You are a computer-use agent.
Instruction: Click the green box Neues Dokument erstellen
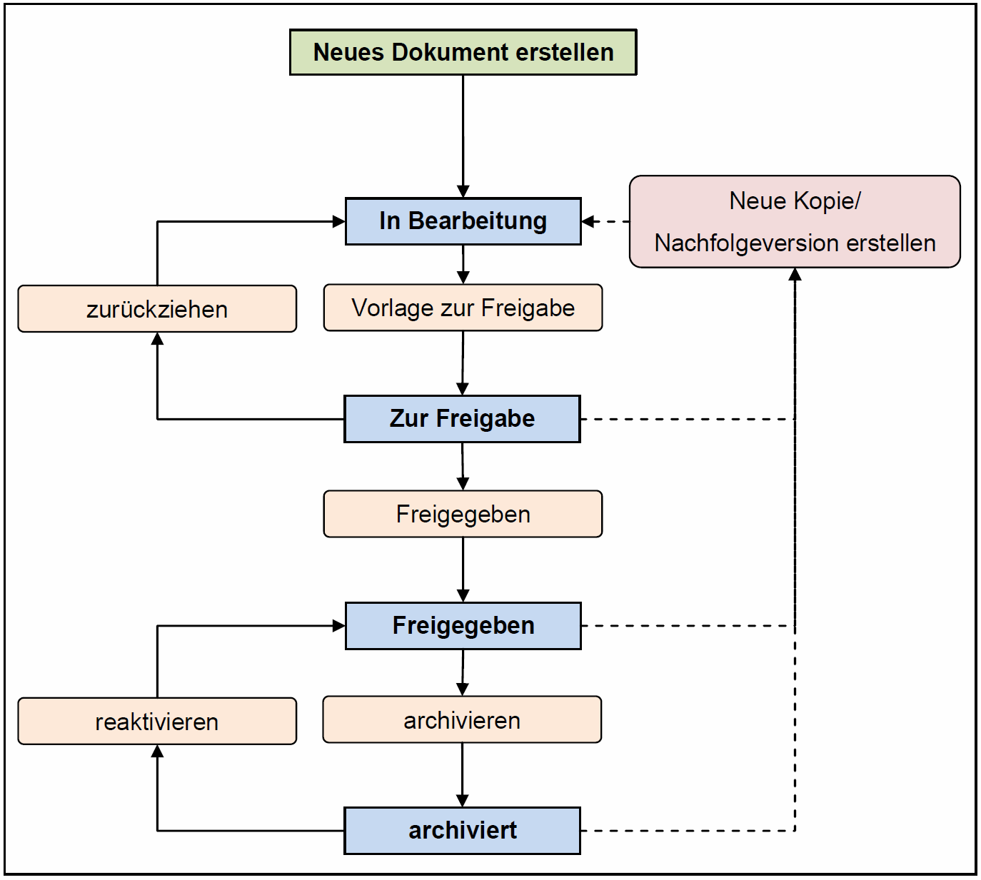click(x=463, y=52)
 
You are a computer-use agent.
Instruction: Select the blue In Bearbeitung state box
click(x=463, y=221)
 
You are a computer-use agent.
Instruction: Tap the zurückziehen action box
click(x=157, y=309)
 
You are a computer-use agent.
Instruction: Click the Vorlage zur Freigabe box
click(x=463, y=308)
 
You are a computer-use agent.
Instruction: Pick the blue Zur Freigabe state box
click(x=462, y=419)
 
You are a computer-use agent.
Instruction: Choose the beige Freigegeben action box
click(x=463, y=514)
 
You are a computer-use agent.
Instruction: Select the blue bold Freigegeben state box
click(x=463, y=626)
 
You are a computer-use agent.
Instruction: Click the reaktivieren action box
click(x=157, y=722)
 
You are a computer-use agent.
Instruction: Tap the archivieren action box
click(x=462, y=720)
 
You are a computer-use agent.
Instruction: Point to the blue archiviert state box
click(x=462, y=831)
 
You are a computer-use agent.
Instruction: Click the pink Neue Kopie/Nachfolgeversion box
click(x=795, y=221)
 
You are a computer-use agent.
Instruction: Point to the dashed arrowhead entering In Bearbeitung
click(x=588, y=222)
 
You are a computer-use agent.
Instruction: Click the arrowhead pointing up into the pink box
click(x=795, y=275)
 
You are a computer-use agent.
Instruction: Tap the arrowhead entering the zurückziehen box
click(x=157, y=339)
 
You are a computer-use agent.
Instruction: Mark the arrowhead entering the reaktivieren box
click(x=157, y=752)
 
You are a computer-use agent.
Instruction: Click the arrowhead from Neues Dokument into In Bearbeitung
click(x=463, y=191)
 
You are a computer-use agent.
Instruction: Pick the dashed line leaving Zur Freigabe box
click(x=688, y=419)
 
